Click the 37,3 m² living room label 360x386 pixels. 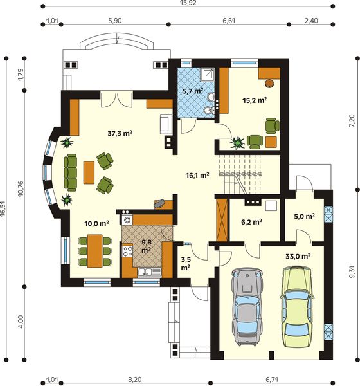[119, 134]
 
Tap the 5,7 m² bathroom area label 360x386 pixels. [192, 91]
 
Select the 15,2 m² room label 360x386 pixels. [255, 100]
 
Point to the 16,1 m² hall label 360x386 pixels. [197, 174]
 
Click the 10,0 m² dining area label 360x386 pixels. [96, 223]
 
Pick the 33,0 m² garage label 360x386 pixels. [298, 255]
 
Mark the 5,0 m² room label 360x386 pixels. [304, 217]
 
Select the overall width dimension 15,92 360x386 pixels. [187, 5]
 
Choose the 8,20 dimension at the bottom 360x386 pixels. [135, 380]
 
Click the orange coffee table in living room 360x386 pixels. [89, 172]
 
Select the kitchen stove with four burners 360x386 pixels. [127, 220]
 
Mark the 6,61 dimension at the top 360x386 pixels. [228, 21]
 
